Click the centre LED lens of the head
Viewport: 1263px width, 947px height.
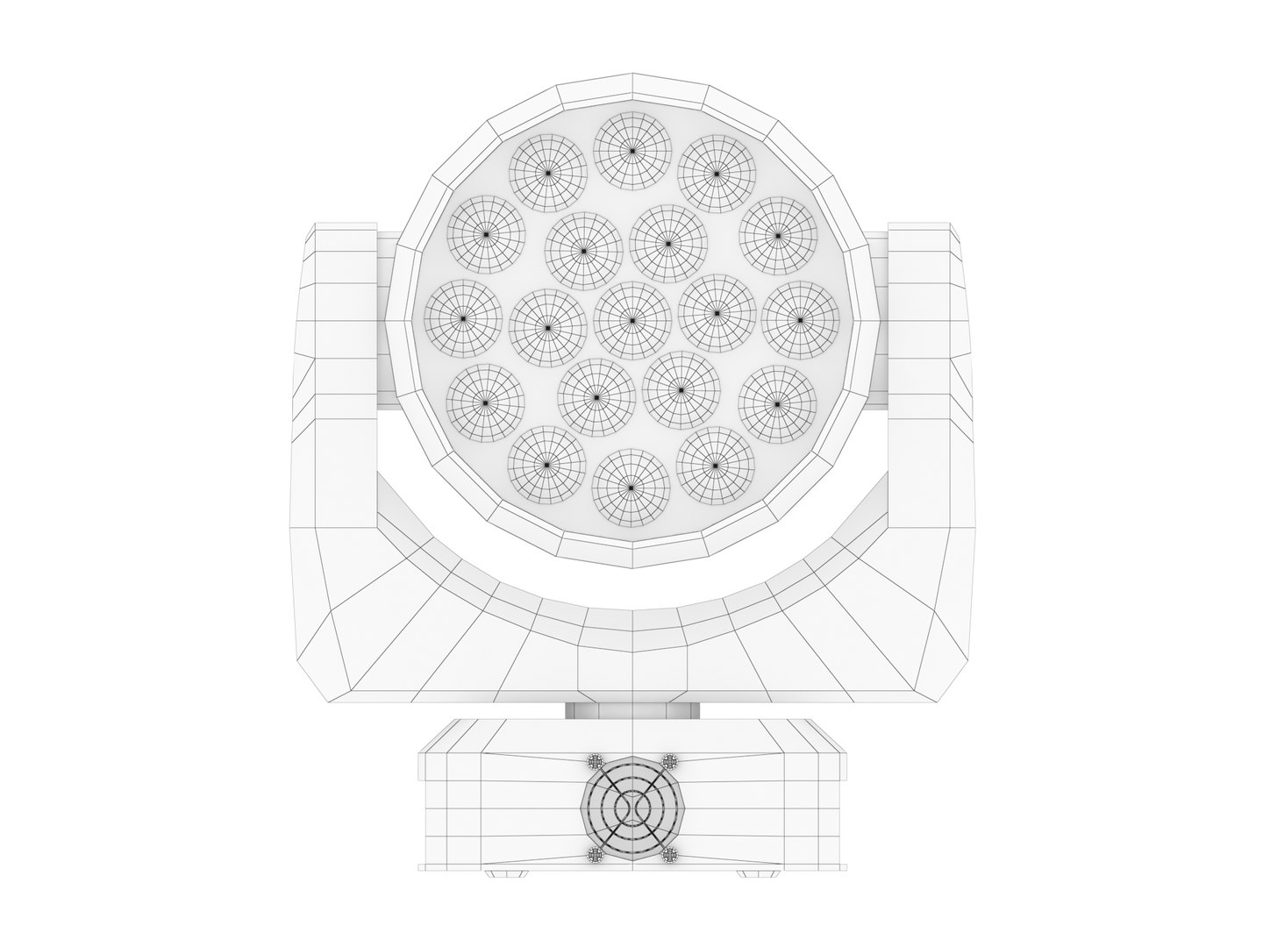[x=631, y=320]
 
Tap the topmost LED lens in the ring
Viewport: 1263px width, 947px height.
[x=631, y=151]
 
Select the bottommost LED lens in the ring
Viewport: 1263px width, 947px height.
[x=631, y=488]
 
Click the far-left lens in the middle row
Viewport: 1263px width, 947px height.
[x=462, y=320]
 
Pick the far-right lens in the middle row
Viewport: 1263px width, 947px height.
[x=800, y=320]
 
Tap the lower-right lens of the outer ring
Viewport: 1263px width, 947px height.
[x=715, y=466]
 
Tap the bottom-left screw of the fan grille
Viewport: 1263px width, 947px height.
[x=596, y=853]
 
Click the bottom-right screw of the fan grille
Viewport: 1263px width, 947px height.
[x=669, y=853]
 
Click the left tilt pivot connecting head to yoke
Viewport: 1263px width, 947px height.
[x=386, y=320]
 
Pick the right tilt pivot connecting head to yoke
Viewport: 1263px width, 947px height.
[x=877, y=320]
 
